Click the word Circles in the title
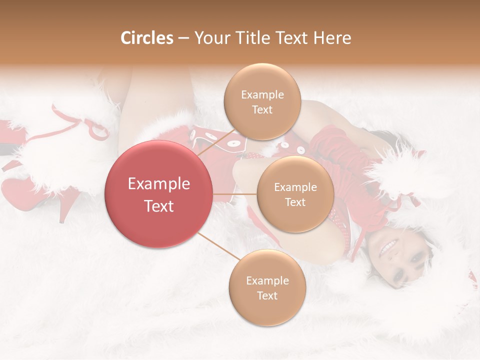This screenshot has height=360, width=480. click(146, 38)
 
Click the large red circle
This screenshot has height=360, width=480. click(158, 194)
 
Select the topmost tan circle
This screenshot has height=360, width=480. click(262, 102)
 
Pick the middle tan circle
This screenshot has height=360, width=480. click(295, 194)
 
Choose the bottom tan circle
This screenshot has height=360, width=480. click(267, 288)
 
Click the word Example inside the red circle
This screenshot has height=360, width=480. click(158, 184)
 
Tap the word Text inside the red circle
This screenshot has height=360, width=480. click(158, 206)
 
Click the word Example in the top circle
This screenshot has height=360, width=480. click(262, 95)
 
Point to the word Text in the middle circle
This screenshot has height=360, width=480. click(295, 202)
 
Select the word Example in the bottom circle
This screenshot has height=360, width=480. click(267, 281)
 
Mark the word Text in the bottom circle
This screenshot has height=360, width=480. click(267, 296)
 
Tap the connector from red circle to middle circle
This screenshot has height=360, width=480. click(234, 194)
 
